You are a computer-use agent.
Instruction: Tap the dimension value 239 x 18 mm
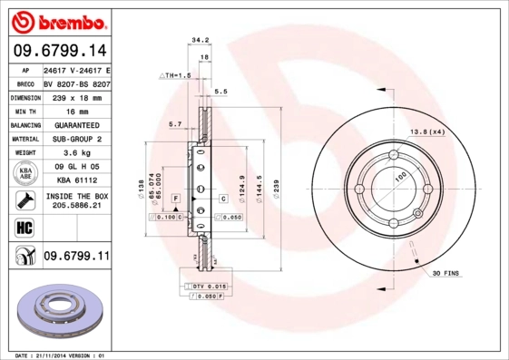(x=76, y=96)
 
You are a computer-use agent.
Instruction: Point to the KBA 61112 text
(x=76, y=180)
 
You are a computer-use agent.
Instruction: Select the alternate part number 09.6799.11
(x=76, y=258)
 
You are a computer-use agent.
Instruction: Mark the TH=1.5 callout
(x=178, y=77)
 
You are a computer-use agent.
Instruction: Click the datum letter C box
(x=222, y=198)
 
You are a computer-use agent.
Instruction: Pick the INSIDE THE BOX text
(x=76, y=197)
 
